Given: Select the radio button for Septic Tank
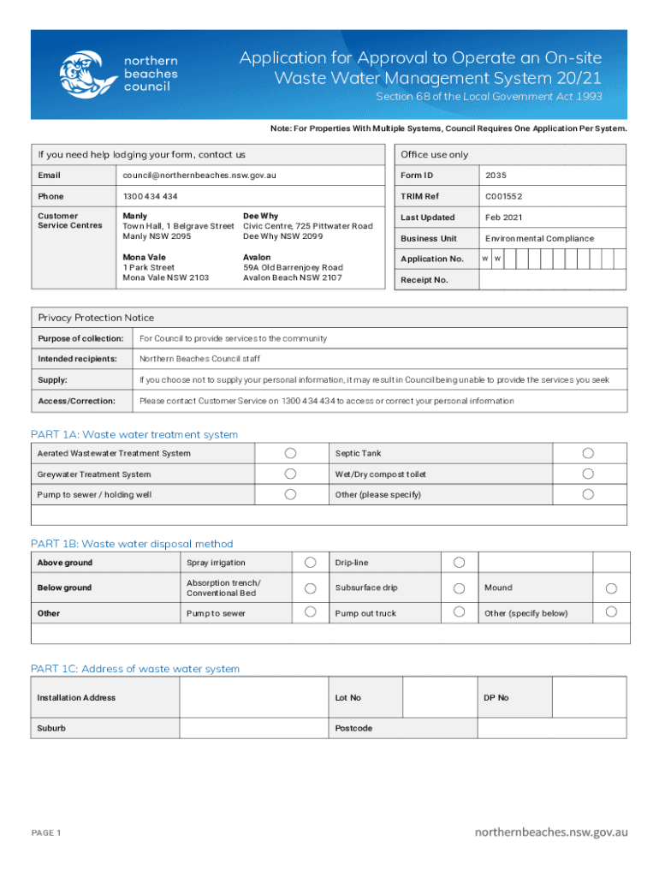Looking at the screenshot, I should click(x=588, y=453).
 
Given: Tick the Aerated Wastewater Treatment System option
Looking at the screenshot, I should click(x=291, y=453).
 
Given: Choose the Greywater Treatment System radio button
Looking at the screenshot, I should click(x=291, y=474).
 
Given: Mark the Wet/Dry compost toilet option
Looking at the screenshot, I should click(x=588, y=474).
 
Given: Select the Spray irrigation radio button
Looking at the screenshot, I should click(x=312, y=562).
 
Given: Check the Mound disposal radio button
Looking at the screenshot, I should click(x=611, y=588).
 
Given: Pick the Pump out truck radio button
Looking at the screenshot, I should click(x=459, y=612).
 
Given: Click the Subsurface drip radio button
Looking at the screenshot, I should click(x=459, y=588).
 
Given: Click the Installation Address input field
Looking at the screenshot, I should click(x=253, y=697).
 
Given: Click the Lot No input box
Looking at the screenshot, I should click(x=438, y=697).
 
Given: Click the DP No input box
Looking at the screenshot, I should click(x=589, y=697).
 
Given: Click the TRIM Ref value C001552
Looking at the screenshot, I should click(x=503, y=196).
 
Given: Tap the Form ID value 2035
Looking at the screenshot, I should click(x=496, y=176).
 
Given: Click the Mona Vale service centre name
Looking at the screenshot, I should click(x=144, y=257).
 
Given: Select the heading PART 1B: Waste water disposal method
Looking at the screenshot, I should click(x=132, y=544).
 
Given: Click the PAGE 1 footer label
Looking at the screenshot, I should click(x=46, y=832).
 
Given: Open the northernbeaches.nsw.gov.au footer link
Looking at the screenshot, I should click(x=551, y=832).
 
